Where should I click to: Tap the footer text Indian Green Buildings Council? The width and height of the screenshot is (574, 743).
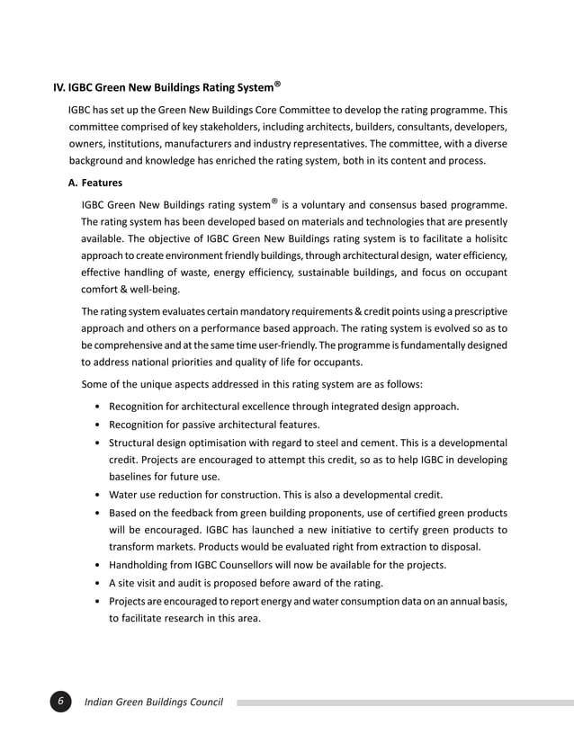pos(153,702)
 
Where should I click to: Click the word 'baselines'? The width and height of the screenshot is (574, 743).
pos(133,477)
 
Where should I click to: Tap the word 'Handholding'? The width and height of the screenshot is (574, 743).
pos(142,565)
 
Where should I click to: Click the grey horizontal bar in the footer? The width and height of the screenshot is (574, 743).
pos(405,702)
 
